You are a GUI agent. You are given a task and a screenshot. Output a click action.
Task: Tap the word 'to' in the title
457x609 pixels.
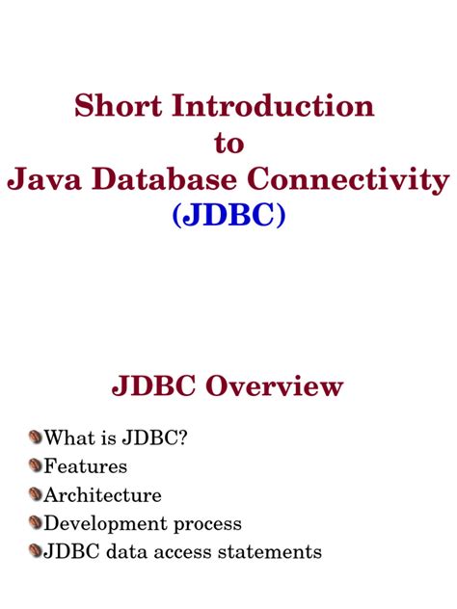(x=228, y=143)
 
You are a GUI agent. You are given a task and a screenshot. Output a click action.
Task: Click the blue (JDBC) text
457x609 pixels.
(x=228, y=216)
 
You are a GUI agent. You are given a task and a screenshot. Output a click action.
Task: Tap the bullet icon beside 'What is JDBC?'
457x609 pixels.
(x=36, y=437)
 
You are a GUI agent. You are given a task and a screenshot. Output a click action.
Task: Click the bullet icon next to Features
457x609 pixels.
(x=36, y=466)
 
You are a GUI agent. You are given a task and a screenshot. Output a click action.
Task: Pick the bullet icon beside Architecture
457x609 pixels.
(x=36, y=495)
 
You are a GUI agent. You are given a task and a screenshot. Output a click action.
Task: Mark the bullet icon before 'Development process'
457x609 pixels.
(x=36, y=524)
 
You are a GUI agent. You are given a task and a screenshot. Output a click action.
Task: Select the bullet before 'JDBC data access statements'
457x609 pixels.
(x=36, y=552)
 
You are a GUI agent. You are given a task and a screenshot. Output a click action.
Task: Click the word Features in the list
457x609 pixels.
(x=86, y=467)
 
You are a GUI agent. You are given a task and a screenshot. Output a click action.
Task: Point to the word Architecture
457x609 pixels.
(x=103, y=496)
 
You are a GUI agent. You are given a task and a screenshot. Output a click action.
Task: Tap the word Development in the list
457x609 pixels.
(x=101, y=525)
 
